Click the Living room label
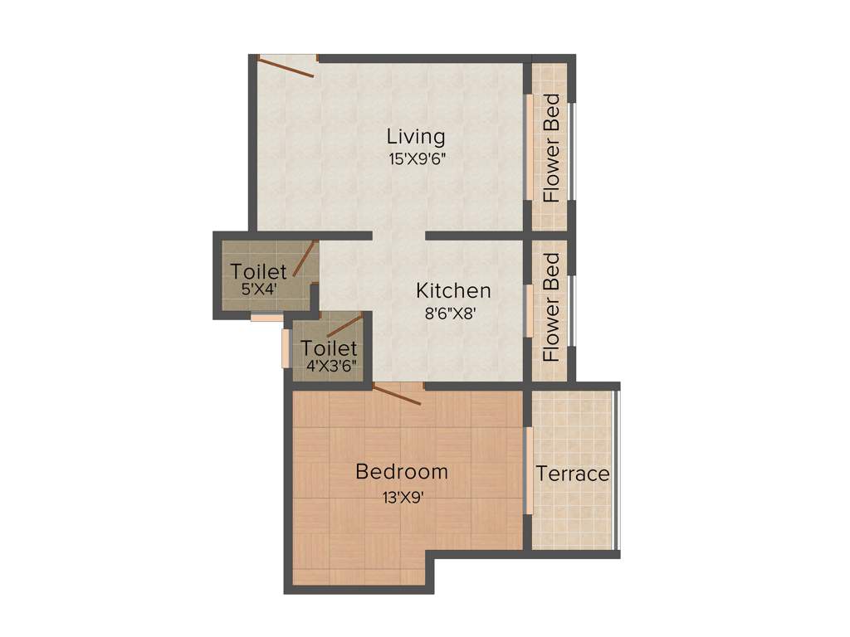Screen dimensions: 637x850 [416, 136]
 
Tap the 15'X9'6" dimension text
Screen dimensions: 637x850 [416, 159]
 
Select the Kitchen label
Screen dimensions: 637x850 [453, 291]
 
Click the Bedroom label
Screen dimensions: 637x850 [402, 472]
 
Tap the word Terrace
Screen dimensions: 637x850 [573, 474]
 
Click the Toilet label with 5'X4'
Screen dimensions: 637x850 [259, 271]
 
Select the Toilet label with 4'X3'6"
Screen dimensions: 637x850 [329, 348]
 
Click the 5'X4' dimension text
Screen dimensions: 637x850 [259, 289]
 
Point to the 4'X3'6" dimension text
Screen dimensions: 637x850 [329, 365]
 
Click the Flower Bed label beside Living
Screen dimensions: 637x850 [551, 149]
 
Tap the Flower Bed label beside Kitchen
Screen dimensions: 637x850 [551, 308]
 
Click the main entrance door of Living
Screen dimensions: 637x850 [286, 66]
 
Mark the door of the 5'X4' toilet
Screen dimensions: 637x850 [305, 258]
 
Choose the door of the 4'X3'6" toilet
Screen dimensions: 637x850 [344, 325]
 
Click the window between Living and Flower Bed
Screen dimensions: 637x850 [528, 148]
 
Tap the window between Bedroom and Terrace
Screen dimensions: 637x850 [528, 470]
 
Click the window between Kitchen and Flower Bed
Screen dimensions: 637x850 [528, 310]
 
